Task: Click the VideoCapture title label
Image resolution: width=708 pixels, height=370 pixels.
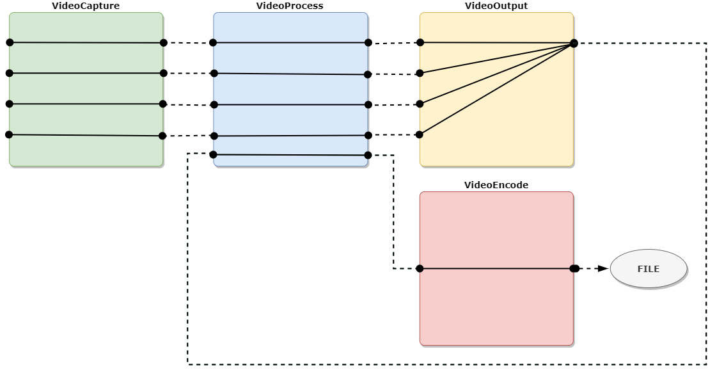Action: click(x=86, y=6)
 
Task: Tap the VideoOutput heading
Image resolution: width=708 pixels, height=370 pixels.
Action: click(x=496, y=6)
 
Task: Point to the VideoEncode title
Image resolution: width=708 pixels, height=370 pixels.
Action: click(x=496, y=185)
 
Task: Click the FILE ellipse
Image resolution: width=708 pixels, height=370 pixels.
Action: click(x=648, y=269)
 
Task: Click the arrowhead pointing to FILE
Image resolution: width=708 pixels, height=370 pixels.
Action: click(x=602, y=269)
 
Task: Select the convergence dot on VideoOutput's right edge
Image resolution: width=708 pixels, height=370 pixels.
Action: click(x=574, y=43)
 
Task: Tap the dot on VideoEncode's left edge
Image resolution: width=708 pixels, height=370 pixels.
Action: click(x=420, y=269)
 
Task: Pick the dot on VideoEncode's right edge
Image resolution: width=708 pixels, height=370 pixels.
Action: click(x=574, y=269)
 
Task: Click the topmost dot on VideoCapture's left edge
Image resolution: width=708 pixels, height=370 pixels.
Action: click(x=9, y=42)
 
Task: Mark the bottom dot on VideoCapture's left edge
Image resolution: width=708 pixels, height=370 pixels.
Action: click(x=9, y=134)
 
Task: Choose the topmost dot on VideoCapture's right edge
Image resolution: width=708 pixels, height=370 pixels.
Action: click(x=163, y=43)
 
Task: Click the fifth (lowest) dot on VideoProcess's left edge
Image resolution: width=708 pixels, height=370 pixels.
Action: click(x=213, y=154)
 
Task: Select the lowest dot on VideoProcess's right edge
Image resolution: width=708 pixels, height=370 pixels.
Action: click(x=367, y=155)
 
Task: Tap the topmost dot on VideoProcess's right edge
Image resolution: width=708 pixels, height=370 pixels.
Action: click(x=368, y=43)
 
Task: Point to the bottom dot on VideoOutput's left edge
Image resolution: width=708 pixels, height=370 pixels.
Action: click(x=420, y=134)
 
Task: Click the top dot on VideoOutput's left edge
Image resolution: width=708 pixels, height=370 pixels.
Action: click(x=420, y=43)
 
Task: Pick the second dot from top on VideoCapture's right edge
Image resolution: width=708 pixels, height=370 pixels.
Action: click(x=163, y=74)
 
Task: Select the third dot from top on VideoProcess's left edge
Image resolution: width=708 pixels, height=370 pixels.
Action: click(x=214, y=104)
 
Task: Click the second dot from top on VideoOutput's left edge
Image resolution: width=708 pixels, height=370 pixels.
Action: click(x=420, y=73)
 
